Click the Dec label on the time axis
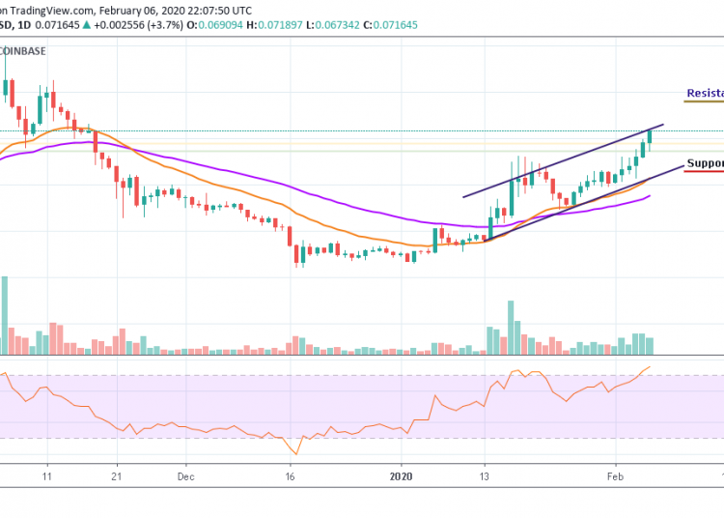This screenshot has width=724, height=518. click(185, 476)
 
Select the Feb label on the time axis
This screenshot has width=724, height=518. click(614, 476)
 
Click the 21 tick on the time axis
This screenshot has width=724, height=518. click(116, 476)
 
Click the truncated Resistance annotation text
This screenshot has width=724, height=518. click(705, 94)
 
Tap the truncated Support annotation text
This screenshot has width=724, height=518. click(705, 163)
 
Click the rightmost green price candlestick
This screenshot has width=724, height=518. click(650, 137)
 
